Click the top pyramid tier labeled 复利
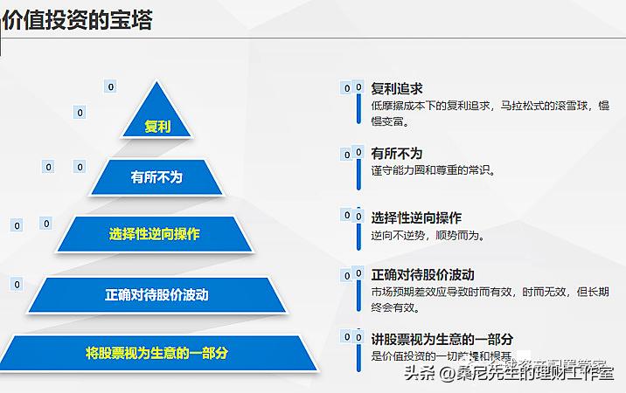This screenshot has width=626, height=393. click(x=157, y=126)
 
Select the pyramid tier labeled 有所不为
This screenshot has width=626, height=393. click(x=157, y=177)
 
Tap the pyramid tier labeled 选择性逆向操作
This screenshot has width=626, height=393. click(x=155, y=234)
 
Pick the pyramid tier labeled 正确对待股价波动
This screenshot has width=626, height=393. click(x=157, y=294)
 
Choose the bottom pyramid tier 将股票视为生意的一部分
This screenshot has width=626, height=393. click(x=157, y=353)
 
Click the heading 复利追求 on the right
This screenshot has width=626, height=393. click(x=397, y=88)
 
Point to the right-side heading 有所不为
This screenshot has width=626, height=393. click(x=396, y=153)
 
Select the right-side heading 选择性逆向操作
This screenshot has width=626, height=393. click(x=416, y=217)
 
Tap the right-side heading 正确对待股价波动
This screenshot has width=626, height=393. click(x=422, y=275)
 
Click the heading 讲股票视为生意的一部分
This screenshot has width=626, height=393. click(x=442, y=338)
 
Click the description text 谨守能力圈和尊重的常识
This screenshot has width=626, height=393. click(x=434, y=170)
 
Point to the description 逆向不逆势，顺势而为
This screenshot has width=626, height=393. click(x=428, y=235)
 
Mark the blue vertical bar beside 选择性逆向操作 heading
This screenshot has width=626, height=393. click(x=358, y=231)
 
